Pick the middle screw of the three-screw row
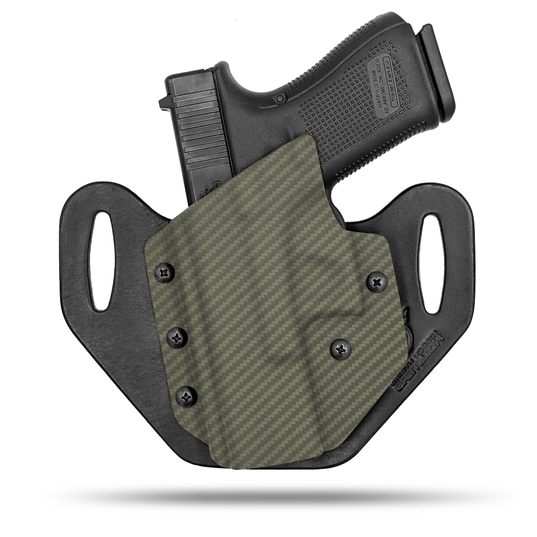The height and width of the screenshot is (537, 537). click(177, 338)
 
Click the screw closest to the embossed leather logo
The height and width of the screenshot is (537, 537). click(341, 349)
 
